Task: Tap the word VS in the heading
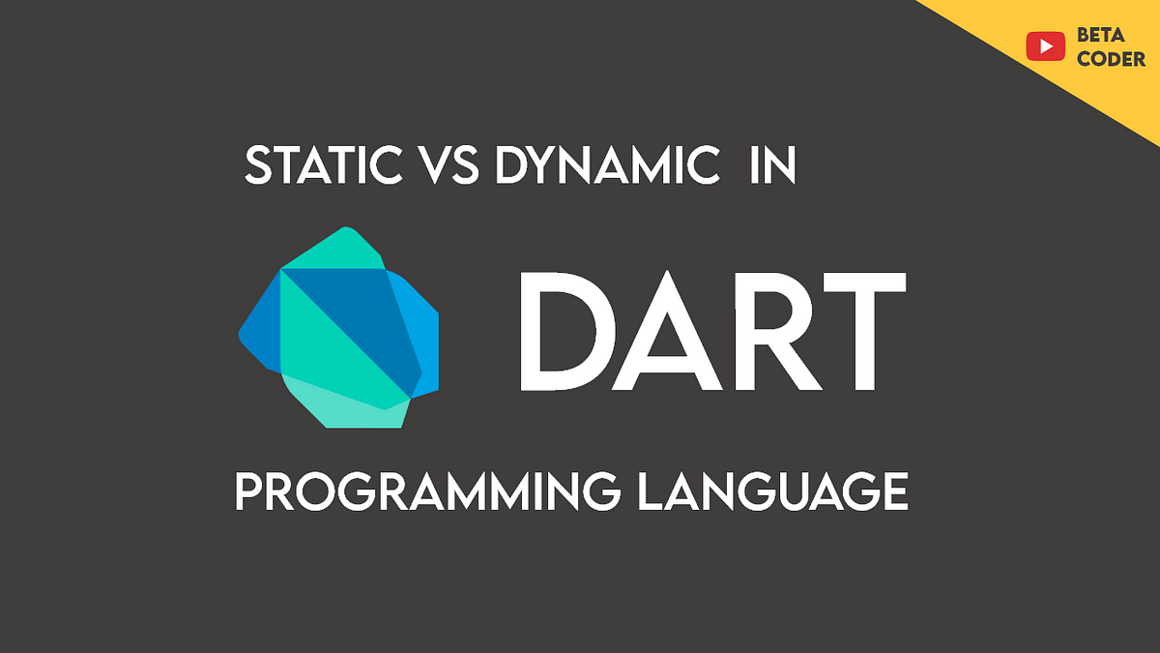[450, 166]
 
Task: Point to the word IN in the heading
[771, 166]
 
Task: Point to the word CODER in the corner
[1111, 58]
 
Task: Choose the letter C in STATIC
[388, 166]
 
